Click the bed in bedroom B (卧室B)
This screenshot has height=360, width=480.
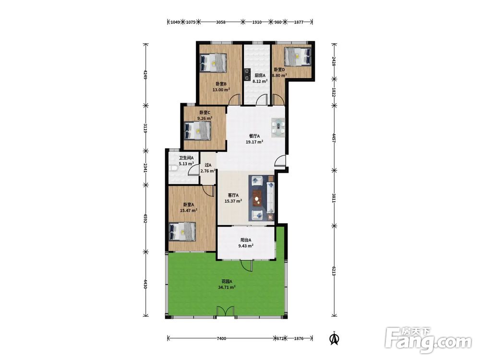(214, 63)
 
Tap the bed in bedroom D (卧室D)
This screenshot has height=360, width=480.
(297, 56)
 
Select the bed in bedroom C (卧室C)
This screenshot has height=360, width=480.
(198, 131)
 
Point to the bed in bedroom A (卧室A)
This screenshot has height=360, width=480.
(182, 232)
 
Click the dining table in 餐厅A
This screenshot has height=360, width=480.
(278, 128)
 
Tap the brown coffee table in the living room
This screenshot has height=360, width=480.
(257, 198)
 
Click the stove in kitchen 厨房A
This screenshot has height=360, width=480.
(247, 75)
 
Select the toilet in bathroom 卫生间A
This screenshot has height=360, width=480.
(172, 168)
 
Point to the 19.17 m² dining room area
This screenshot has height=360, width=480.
(254, 142)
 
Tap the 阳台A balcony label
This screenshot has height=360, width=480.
(246, 240)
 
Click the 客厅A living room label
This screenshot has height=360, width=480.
(233, 195)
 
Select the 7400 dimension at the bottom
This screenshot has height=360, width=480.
(221, 338)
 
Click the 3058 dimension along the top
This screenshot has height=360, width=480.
(221, 22)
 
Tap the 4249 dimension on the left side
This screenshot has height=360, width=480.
(145, 74)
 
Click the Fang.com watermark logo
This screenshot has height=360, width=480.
(428, 340)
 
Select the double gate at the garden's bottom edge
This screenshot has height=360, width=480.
(226, 311)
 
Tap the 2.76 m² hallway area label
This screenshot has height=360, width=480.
(208, 171)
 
